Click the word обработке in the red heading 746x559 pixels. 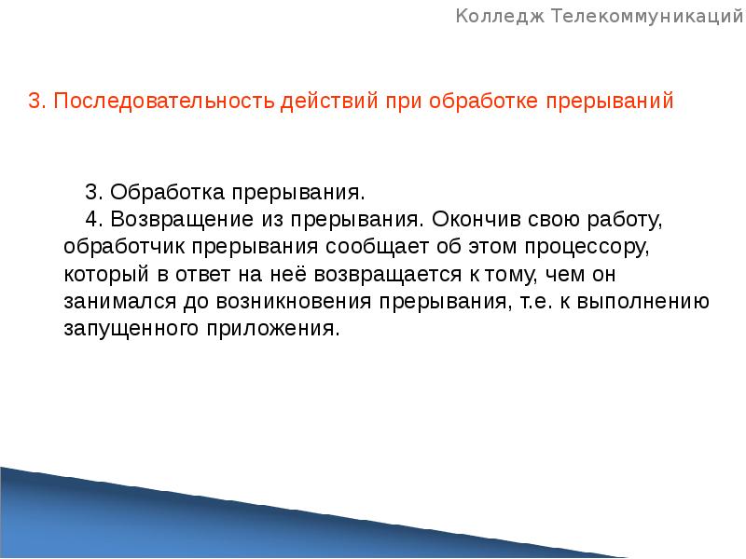point(488,102)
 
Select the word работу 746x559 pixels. point(625,221)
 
